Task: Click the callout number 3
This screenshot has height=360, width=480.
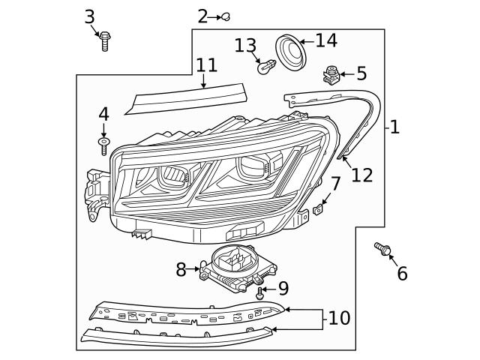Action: (89, 16)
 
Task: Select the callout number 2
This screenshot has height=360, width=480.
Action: (202, 16)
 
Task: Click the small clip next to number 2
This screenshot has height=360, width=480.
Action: (224, 16)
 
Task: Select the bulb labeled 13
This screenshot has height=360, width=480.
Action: (264, 67)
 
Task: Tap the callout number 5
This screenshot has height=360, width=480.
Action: (361, 73)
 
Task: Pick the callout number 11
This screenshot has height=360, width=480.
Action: (206, 64)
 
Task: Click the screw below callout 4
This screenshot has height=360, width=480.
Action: (103, 143)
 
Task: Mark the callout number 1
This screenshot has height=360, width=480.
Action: (394, 127)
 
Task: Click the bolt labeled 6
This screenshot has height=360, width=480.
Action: (382, 249)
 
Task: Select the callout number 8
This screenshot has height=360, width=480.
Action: (181, 269)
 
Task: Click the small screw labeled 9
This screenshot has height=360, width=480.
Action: (260, 292)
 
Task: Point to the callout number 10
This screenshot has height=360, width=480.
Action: (339, 318)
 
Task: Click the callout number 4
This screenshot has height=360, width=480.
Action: (103, 114)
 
